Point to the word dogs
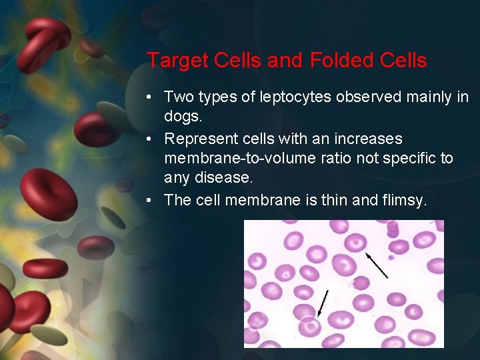tap(181, 117)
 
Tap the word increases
tap(370, 139)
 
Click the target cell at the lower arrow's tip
tap(310, 327)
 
